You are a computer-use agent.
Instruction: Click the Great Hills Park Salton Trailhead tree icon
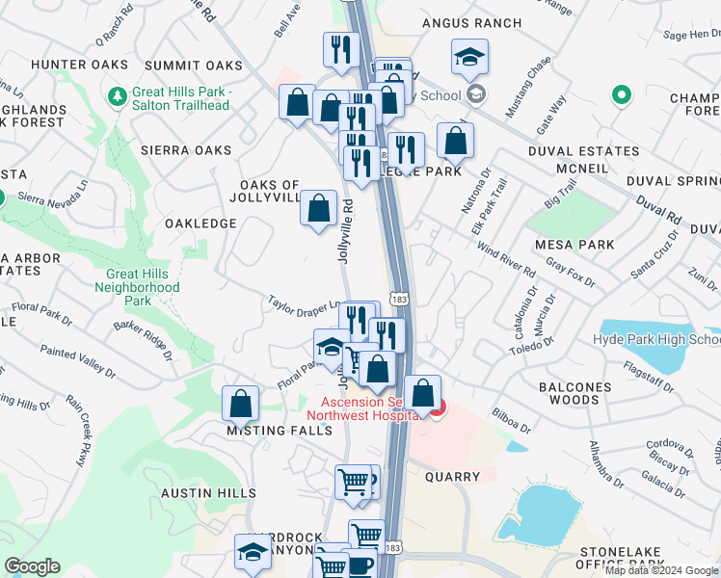[118, 96]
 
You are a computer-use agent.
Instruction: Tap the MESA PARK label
[576, 245]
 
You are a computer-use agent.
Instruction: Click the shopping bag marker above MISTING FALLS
[241, 404]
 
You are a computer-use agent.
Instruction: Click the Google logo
[33, 566]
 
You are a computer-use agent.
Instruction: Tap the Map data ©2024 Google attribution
[660, 570]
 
